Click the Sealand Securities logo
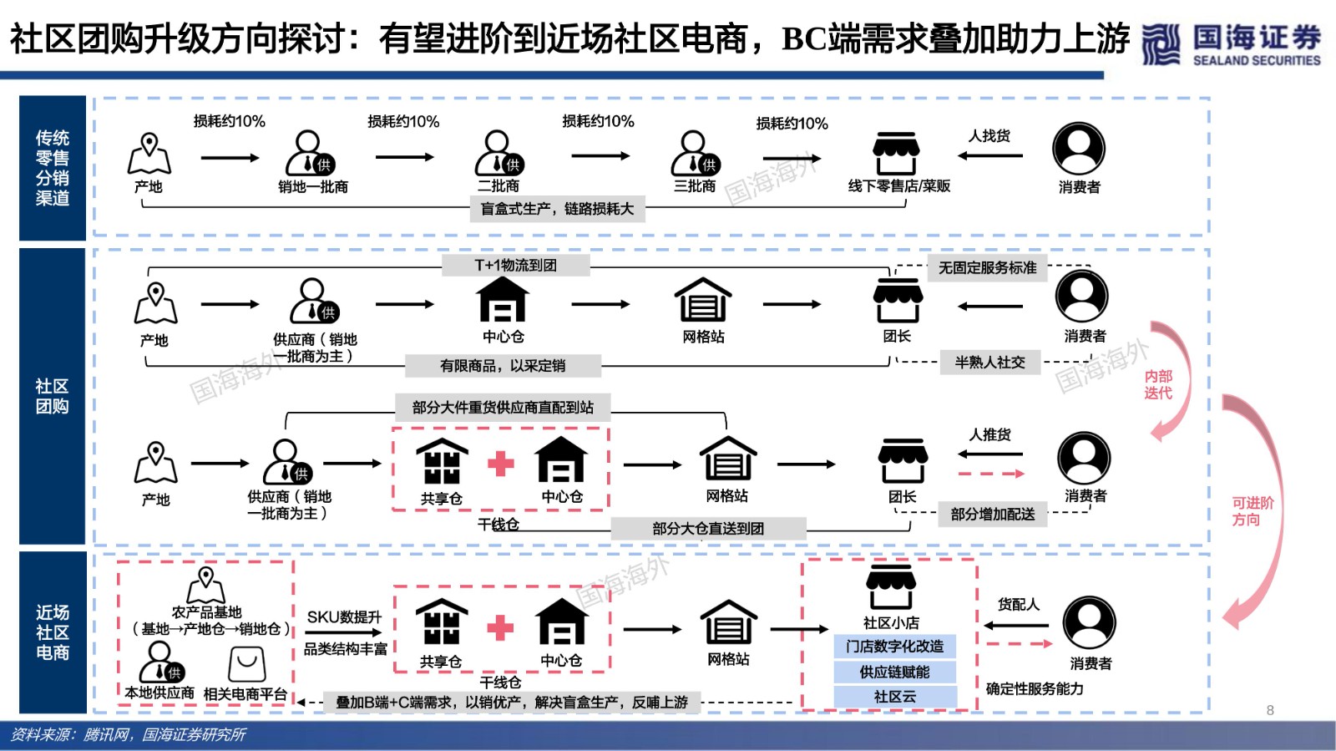tap(1232, 43)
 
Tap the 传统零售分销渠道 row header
tap(53, 168)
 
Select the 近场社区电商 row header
tap(53, 632)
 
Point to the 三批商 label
tap(694, 186)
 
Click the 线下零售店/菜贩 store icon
tap(896, 153)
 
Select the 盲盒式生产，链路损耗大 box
tap(557, 209)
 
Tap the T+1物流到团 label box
tap(516, 265)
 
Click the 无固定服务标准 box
tap(988, 268)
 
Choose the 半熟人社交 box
tap(990, 362)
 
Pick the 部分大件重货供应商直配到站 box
tap(503, 408)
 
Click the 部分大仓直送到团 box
tap(709, 529)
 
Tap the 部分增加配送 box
tap(993, 515)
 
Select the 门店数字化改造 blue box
tap(894, 646)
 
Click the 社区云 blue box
tap(894, 697)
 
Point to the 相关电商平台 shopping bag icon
tap(247, 664)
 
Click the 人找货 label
tap(989, 136)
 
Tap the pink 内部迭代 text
tap(1158, 384)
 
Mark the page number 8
tap(1270, 710)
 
